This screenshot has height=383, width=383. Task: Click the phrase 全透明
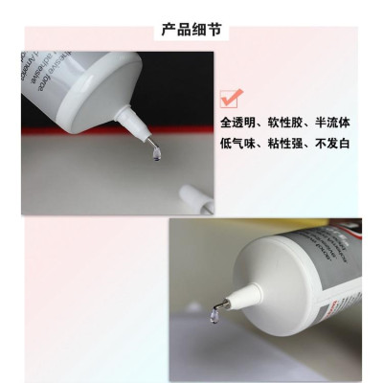point(237,124)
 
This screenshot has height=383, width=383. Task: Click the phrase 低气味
point(237,146)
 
